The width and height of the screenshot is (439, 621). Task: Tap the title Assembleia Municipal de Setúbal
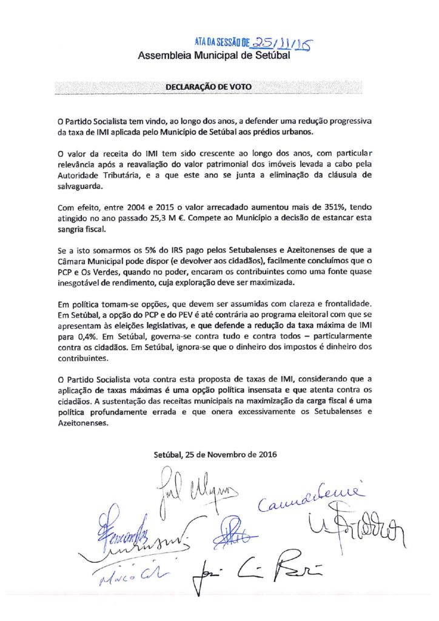click(x=214, y=56)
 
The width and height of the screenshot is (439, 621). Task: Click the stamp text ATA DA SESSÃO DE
click(x=222, y=42)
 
